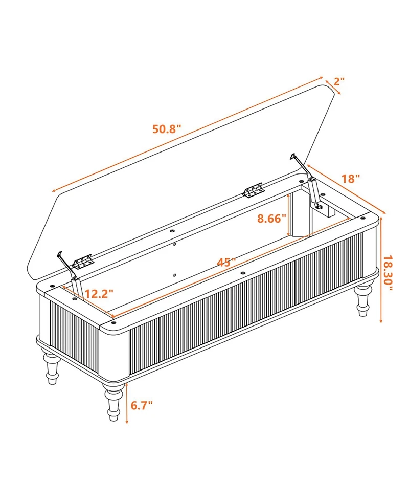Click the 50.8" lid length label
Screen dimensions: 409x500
coord(167,129)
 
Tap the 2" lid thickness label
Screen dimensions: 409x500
coord(339,82)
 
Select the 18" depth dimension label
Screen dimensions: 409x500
coord(351,179)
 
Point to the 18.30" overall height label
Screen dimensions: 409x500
coord(388,273)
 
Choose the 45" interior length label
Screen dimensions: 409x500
coord(226,262)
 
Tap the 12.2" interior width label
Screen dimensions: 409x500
coord(99,294)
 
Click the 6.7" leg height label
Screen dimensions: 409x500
coord(142,405)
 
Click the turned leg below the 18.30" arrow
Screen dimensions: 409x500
coord(364,298)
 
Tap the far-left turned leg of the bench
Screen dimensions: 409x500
coord(52,367)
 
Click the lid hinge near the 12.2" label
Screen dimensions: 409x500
coord(84,262)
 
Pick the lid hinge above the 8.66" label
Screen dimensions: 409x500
coord(254,190)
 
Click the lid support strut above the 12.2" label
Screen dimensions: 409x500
coord(70,274)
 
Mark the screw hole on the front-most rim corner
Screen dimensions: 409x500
coord(113,323)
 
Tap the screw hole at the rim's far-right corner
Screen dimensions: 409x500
coord(362,218)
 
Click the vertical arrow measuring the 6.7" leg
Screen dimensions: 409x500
coord(127,403)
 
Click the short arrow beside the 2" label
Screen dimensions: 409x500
coord(333,86)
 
